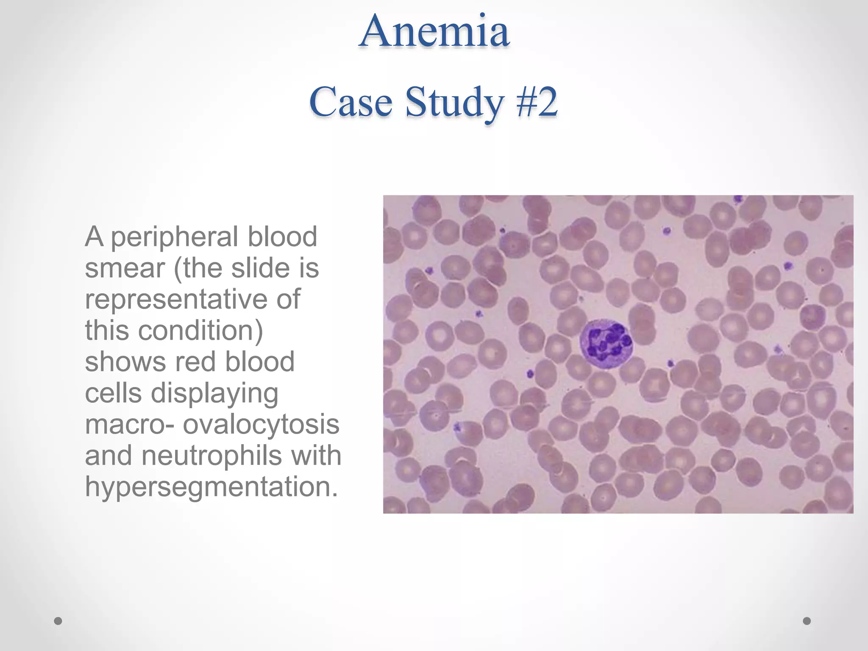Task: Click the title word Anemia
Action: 434,32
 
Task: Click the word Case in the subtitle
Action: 351,102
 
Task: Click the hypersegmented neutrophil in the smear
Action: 606,344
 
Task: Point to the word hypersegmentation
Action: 211,487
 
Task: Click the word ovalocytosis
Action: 261,424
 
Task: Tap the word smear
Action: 125,269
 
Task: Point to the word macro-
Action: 129,425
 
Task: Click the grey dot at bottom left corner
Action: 58,621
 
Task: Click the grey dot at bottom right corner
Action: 807,621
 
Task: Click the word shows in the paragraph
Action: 125,362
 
